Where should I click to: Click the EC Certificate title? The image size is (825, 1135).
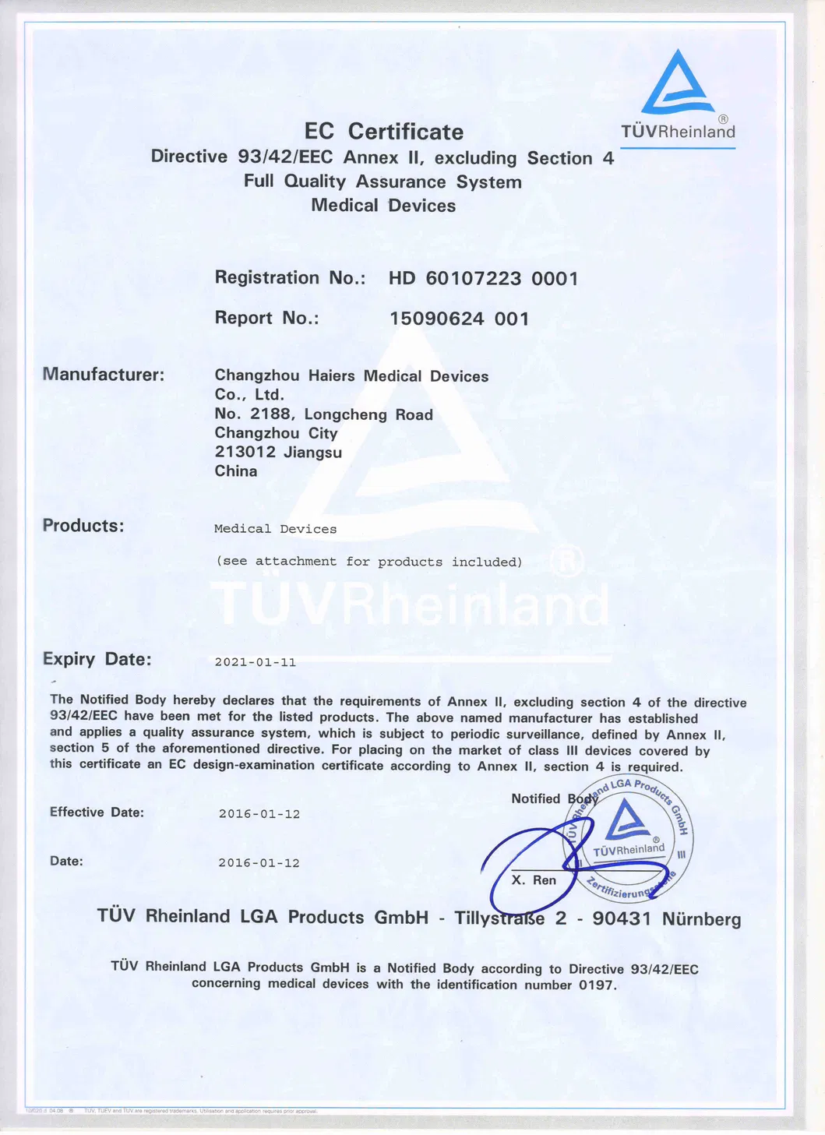click(x=383, y=132)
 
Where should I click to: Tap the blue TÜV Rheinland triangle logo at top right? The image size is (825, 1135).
click(x=677, y=84)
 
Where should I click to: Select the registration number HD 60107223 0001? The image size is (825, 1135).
click(x=483, y=279)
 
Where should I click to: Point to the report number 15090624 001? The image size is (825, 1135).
click(x=459, y=319)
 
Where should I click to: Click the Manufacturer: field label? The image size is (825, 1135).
click(x=104, y=375)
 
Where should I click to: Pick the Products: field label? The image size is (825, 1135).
click(x=83, y=526)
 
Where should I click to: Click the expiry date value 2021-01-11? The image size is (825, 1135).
click(x=256, y=662)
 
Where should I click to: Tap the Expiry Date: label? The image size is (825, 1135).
click(x=97, y=659)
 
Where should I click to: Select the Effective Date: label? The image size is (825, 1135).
click(x=97, y=812)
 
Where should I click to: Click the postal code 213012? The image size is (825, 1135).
click(x=245, y=453)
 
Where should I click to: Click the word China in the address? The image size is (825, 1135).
click(x=235, y=471)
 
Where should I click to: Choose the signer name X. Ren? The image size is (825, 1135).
click(x=534, y=880)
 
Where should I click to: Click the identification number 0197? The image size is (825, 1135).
click(x=596, y=985)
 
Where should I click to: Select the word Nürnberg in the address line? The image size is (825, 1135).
click(x=701, y=919)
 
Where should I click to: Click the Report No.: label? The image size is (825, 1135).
click(x=266, y=318)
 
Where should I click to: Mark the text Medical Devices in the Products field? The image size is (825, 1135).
click(x=275, y=529)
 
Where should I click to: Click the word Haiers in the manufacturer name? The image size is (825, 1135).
click(x=331, y=376)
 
